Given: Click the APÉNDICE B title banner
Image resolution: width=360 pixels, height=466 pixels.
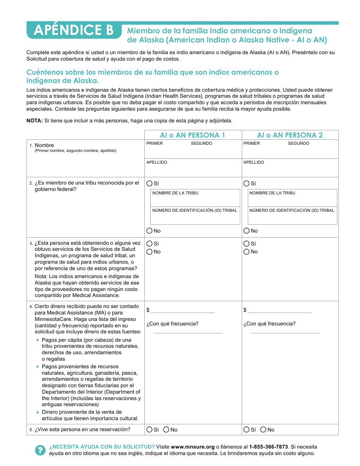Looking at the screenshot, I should tap(74, 30).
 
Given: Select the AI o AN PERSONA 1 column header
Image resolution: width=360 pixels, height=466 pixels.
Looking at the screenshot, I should tap(193, 135).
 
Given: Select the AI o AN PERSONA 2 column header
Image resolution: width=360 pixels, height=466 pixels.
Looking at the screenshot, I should tap(290, 135).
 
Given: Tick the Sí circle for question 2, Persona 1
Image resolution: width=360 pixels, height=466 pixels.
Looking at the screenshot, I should tap(149, 183).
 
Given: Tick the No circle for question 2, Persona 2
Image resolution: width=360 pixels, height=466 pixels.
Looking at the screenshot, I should tap(247, 231).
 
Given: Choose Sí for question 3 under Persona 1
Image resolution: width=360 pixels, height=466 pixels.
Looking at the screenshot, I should tap(149, 244).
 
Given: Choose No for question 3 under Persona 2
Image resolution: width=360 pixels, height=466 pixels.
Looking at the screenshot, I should tap(247, 252).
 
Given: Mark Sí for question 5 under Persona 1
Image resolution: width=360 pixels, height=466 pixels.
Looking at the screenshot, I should tap(149, 430).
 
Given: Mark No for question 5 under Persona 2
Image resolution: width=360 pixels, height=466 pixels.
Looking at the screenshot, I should tap(263, 430).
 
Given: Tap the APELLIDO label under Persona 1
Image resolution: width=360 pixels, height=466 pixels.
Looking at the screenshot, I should tap(157, 162).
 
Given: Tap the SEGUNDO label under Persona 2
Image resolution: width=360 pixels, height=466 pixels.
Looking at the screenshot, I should tap(299, 143).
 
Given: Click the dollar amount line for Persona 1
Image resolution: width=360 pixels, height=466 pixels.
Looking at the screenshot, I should tap(183, 310).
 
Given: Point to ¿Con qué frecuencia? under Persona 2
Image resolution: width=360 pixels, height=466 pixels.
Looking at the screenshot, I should tap(269, 324).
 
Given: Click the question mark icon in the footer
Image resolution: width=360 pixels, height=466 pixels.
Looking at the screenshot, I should tap(40, 450).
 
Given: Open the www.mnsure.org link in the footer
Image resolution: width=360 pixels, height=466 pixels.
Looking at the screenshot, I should tap(193, 447).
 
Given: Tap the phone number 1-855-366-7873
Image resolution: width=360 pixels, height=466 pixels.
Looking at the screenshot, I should tap(268, 447).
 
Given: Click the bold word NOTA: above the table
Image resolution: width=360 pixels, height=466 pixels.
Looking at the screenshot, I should tap(34, 120).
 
